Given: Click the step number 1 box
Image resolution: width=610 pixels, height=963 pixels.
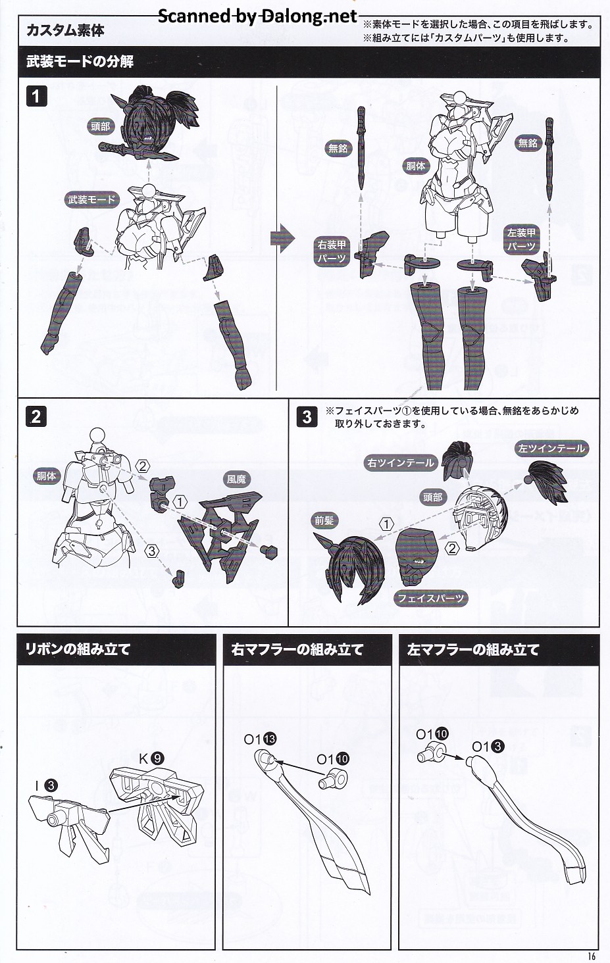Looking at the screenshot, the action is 36,96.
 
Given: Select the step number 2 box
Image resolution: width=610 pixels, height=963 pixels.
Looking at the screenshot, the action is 36,416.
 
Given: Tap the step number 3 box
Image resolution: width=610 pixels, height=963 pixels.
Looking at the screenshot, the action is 307,416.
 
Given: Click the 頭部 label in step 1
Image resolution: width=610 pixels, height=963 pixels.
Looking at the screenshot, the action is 100,126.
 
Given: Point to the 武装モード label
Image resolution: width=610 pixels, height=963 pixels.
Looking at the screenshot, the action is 91,199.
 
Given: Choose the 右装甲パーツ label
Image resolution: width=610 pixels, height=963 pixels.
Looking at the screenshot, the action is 332,251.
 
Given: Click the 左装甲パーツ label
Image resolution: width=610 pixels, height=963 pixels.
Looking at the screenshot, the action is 521,239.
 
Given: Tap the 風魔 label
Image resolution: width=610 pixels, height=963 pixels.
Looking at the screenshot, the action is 237,479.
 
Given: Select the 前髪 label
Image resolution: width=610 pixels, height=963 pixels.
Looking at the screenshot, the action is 324,520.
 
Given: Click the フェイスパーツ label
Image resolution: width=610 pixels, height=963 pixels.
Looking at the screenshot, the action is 430,598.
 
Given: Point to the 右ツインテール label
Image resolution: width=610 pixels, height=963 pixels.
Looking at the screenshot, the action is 400,462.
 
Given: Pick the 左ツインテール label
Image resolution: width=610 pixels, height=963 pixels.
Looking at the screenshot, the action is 551,449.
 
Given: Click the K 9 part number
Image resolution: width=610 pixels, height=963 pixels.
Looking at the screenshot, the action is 151,758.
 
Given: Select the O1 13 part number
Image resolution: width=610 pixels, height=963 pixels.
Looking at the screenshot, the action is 260,739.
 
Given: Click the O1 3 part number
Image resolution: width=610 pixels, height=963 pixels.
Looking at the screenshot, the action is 488,747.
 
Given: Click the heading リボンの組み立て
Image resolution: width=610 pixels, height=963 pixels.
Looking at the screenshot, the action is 78,649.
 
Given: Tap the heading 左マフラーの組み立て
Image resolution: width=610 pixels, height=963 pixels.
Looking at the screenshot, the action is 473,649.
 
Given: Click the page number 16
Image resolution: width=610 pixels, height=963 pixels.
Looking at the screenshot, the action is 592,956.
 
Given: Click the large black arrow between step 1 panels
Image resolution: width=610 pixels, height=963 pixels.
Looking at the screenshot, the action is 282,238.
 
